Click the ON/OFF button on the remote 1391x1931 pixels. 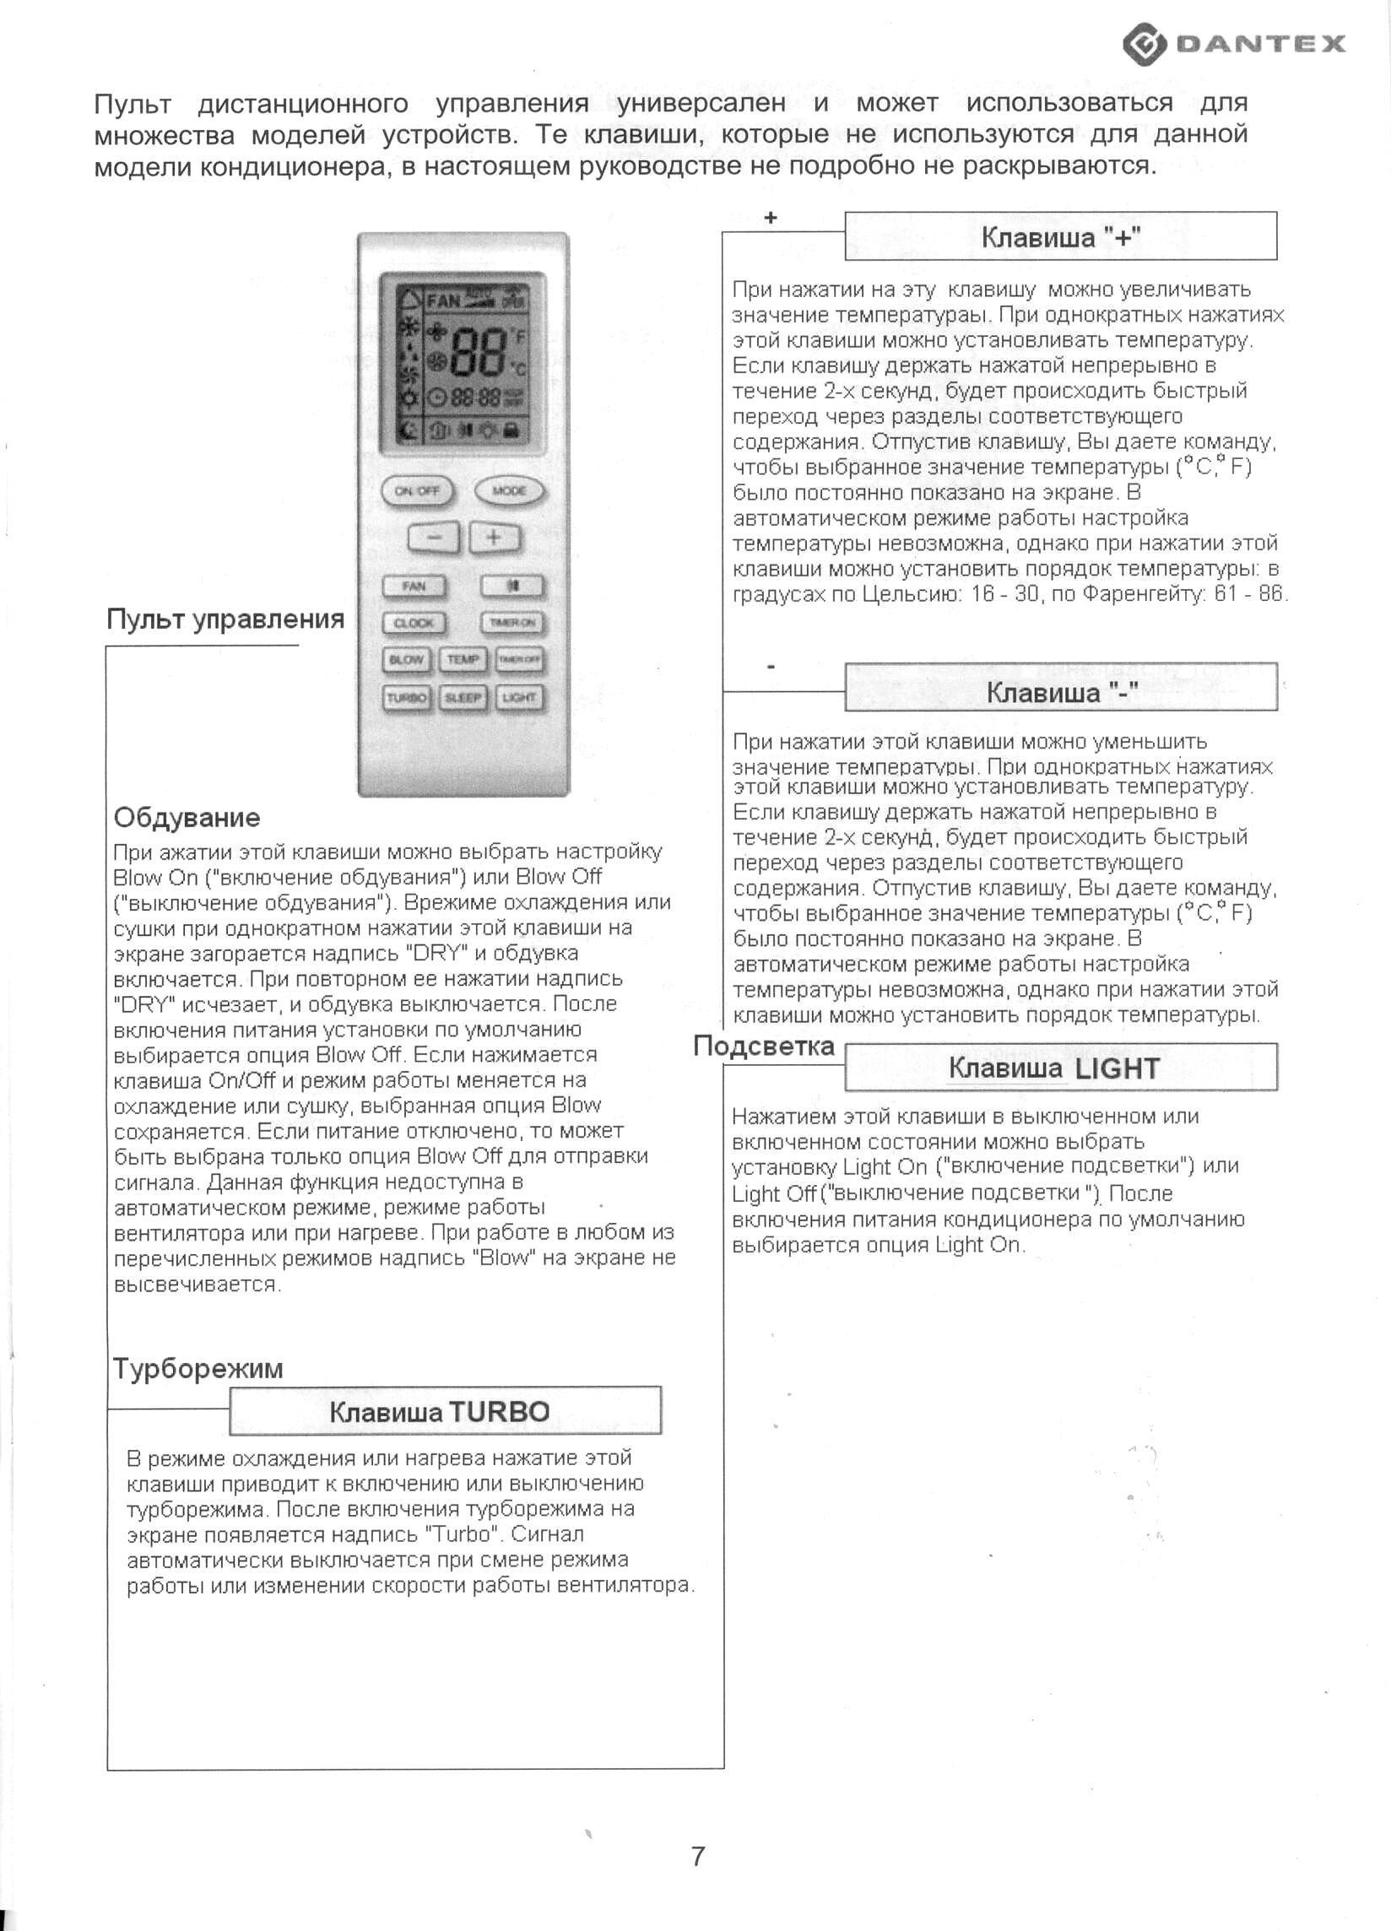(417, 491)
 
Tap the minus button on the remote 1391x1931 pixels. (433, 538)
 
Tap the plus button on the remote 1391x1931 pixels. (494, 538)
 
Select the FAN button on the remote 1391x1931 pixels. (414, 586)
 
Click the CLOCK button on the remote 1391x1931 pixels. (414, 623)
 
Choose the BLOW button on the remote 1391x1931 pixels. (406, 660)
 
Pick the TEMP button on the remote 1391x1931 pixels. (463, 660)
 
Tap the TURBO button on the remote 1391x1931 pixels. (406, 698)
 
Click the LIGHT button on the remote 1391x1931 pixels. (519, 698)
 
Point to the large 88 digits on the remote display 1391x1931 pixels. (479, 352)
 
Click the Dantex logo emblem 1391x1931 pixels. (1144, 44)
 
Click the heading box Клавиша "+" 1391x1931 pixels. (1060, 235)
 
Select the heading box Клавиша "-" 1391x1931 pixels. (1060, 687)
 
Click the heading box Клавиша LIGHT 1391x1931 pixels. (1060, 1068)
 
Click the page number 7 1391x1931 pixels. (698, 1856)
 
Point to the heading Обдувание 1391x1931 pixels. (187, 817)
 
